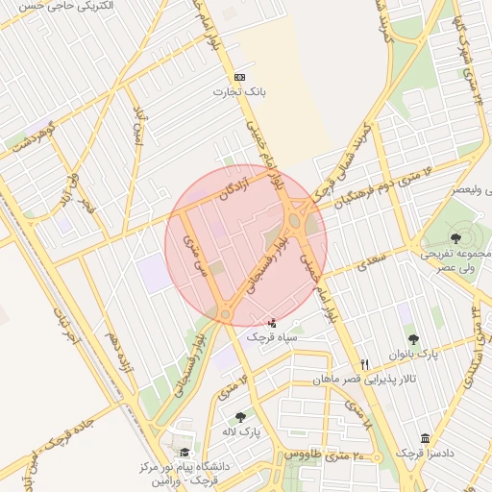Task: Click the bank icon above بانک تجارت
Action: tap(239, 77)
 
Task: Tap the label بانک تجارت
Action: tap(238, 92)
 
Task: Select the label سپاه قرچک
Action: tap(273, 337)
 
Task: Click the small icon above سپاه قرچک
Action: tap(273, 322)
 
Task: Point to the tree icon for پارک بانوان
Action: tap(413, 338)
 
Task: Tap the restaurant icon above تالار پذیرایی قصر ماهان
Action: tap(364, 364)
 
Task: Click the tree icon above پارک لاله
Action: tap(239, 417)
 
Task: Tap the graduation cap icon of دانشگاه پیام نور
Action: tap(184, 453)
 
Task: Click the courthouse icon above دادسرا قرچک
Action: tap(426, 438)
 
